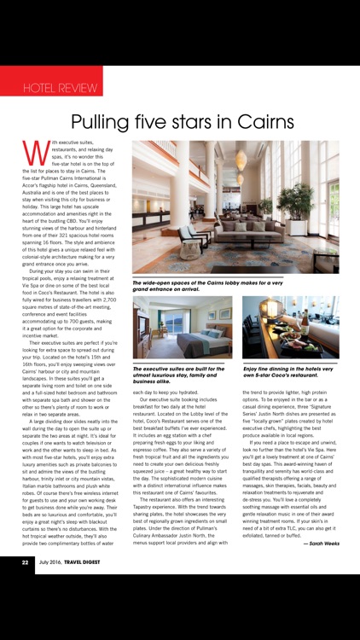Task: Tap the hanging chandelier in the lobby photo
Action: (x=241, y=160)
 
